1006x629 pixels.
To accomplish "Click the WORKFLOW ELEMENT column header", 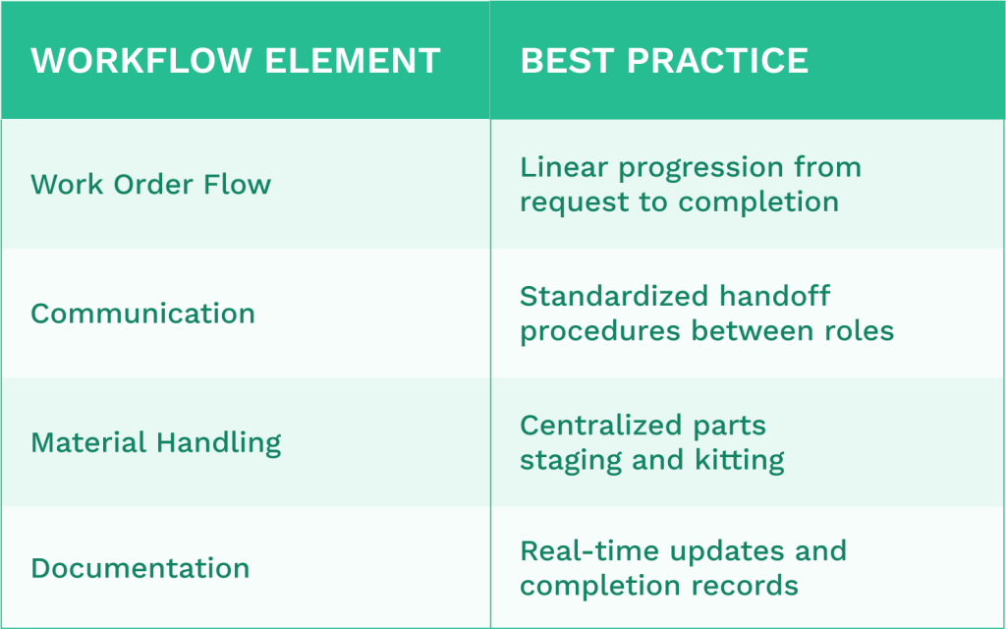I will click(x=235, y=61).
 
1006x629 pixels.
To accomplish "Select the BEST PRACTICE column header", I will click(x=664, y=61).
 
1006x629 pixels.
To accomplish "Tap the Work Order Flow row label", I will click(x=150, y=184).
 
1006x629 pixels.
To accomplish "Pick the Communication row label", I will click(x=142, y=314).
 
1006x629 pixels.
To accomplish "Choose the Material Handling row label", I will click(x=155, y=442).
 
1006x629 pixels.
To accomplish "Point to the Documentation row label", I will click(x=140, y=568).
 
